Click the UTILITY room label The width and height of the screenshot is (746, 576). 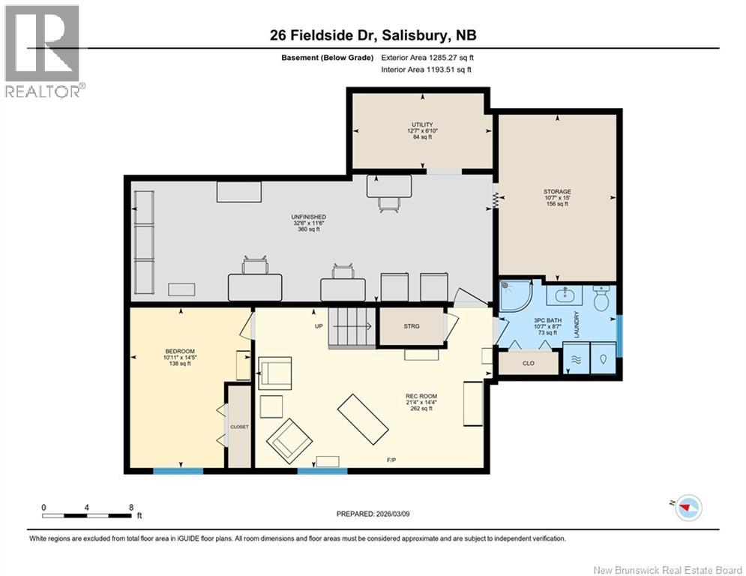pos(422,124)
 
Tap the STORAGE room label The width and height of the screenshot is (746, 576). pos(557,192)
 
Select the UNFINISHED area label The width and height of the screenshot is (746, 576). pos(309,217)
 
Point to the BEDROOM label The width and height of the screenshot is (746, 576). pos(180,351)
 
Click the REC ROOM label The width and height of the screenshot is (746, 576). pos(421,396)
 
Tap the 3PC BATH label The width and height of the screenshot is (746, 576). pos(547,320)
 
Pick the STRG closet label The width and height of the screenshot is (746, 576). pos(412,326)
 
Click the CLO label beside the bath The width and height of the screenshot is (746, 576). pos(529,363)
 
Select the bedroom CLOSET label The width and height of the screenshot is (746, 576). pos(239,427)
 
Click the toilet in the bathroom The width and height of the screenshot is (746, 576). pos(602,298)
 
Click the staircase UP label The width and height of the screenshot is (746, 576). pos(319,326)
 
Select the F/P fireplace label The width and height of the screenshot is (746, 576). pos(391,460)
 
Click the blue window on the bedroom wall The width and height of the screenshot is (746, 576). pos(178,471)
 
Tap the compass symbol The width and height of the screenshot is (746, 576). pos(688,508)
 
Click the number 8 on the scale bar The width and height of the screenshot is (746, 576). pos(131,508)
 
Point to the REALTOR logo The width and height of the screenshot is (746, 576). pos(44,51)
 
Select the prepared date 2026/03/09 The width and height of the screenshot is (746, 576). pos(393,514)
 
